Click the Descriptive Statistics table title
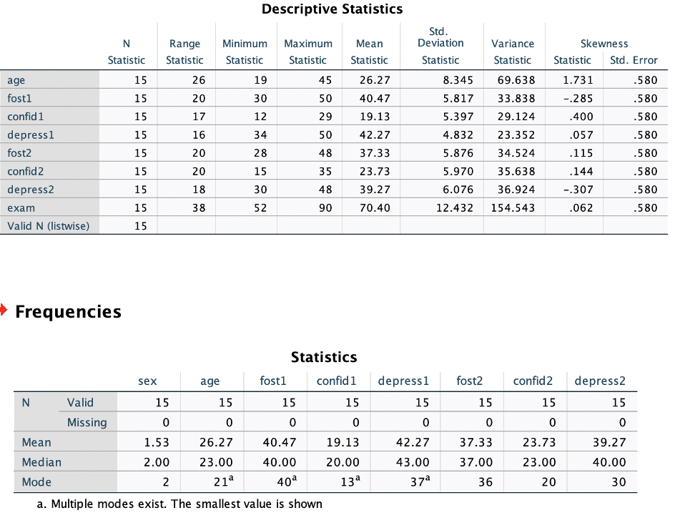[x=332, y=9]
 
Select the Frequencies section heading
[x=68, y=312]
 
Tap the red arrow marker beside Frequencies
[x=4, y=311]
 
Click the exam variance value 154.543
[x=513, y=207]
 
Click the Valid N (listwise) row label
[x=49, y=225]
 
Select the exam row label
[x=21, y=207]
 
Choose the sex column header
[x=147, y=381]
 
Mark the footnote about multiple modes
[x=179, y=504]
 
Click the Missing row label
[x=87, y=422]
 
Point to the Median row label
[x=41, y=462]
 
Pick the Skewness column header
[x=604, y=44]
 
